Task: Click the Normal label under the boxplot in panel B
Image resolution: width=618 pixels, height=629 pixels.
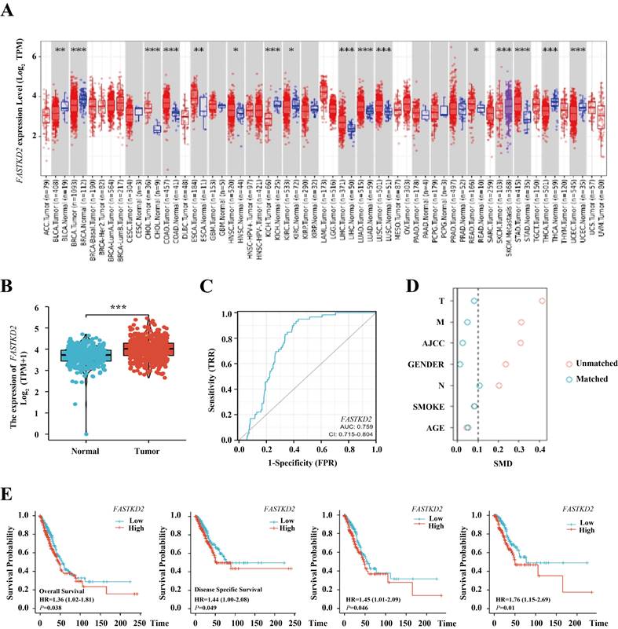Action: tap(86, 452)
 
